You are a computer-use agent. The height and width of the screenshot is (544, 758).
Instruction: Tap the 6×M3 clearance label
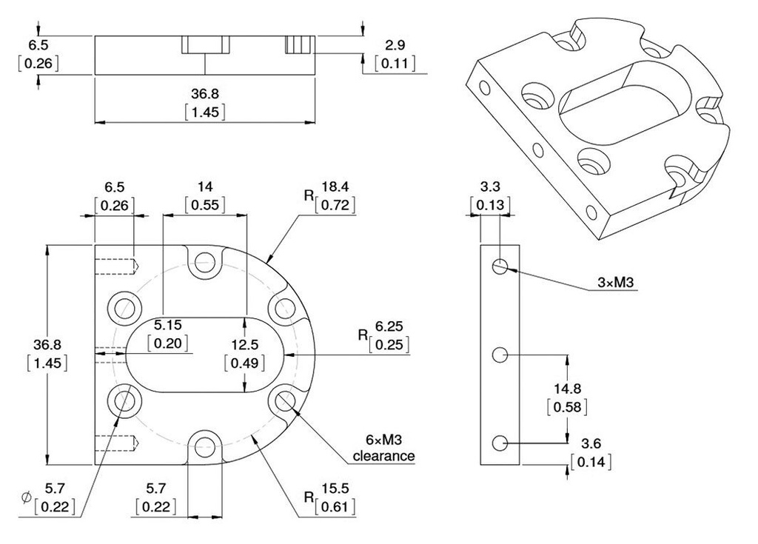coord(384,449)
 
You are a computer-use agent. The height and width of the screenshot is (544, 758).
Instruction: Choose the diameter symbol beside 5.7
coord(27,497)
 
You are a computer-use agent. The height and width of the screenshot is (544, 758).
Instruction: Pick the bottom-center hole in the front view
coord(205,446)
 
